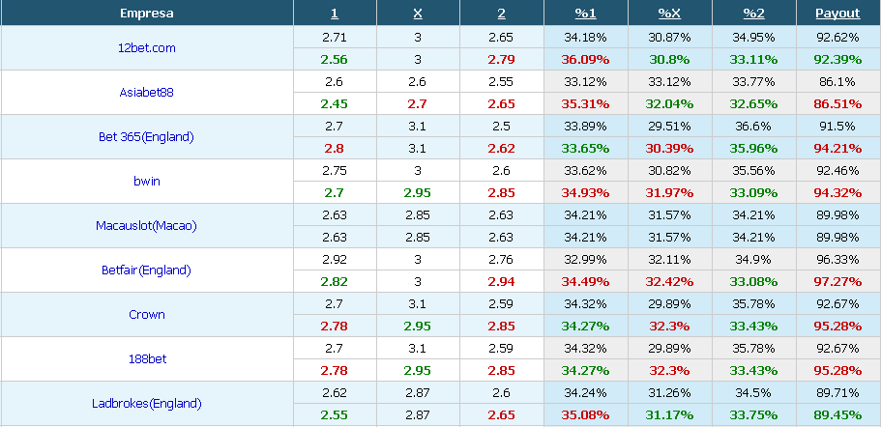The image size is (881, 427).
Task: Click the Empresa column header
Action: coord(147,14)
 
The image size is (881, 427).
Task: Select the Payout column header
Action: coord(837,14)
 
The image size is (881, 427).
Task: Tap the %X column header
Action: coord(670,14)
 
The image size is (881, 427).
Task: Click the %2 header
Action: coord(753,14)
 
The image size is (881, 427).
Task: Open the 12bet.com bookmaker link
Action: coord(147,47)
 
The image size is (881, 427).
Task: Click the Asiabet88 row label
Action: coord(147,92)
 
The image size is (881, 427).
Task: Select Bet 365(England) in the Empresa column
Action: coord(146,137)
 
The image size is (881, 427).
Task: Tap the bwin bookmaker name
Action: coord(147,182)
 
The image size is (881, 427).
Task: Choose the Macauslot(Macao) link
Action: coord(146,225)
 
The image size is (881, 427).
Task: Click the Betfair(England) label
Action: coord(146,270)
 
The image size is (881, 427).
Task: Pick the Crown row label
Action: coord(147,314)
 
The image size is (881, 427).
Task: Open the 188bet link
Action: coord(147,358)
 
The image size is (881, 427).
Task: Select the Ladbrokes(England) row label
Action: coord(146,404)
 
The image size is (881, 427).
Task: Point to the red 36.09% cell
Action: coord(585,60)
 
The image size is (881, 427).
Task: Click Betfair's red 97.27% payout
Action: coord(837,282)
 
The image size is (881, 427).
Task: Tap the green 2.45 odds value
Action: coord(335,103)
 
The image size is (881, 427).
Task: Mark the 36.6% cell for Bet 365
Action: coord(753,127)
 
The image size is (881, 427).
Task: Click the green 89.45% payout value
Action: coord(837,415)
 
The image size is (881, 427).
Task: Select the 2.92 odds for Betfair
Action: coord(335,260)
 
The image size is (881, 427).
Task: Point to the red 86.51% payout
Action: coord(837,103)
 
